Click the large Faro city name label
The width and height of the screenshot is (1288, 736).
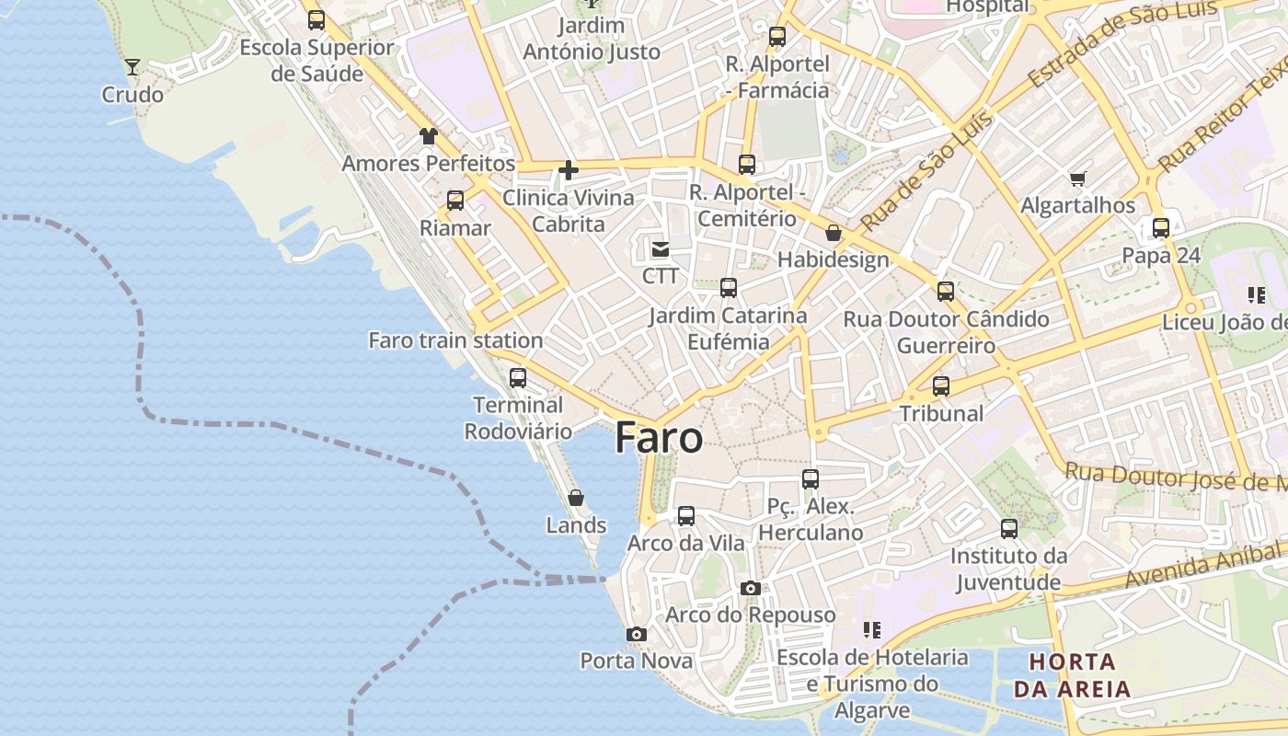659,438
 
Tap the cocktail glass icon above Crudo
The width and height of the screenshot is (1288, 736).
132,66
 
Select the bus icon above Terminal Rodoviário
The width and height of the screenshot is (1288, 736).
518,377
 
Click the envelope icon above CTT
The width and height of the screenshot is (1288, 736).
661,248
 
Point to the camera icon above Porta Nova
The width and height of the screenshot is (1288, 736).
636,634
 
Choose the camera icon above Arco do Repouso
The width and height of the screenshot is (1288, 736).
751,588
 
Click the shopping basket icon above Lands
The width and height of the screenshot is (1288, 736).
576,498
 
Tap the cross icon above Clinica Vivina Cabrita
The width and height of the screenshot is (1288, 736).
569,169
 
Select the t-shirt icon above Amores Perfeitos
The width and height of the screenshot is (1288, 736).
429,136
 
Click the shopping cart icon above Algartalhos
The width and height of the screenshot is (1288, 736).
1078,178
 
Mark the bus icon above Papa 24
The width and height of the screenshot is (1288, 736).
1161,227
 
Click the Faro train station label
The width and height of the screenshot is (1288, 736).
455,340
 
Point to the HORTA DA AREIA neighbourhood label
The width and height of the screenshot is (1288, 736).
1072,675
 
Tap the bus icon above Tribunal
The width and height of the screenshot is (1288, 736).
941,385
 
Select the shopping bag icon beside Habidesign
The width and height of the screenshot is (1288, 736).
834,233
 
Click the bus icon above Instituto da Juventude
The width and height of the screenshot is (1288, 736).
1009,528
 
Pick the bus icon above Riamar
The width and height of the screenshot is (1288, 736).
455,200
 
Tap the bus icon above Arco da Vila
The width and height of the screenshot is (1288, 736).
686,515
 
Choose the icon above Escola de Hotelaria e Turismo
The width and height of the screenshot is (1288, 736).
872,630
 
